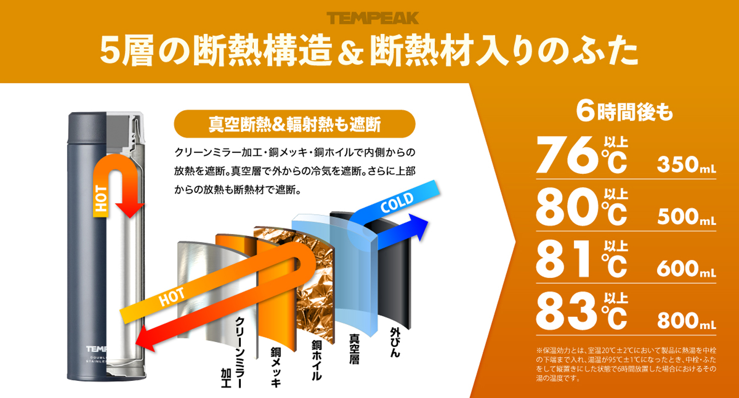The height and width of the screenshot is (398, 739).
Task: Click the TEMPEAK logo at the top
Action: coord(373,18)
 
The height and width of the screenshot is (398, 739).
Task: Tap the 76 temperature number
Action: coord(568,155)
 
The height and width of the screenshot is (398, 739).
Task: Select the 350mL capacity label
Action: coord(687,165)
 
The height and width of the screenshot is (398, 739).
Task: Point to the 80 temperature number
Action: coord(568,207)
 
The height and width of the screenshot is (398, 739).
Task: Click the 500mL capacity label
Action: coord(687,217)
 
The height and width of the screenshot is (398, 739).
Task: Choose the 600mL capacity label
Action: coord(687,269)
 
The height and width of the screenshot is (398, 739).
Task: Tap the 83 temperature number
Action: coord(567,311)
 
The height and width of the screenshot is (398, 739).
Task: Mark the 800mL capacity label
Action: coord(687,321)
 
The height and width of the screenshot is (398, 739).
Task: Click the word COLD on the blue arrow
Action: coord(397,203)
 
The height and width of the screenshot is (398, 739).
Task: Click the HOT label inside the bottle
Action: coord(101,198)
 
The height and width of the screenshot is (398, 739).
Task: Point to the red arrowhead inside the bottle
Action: coord(130,211)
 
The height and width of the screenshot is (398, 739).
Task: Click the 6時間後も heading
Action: coord(624,112)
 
